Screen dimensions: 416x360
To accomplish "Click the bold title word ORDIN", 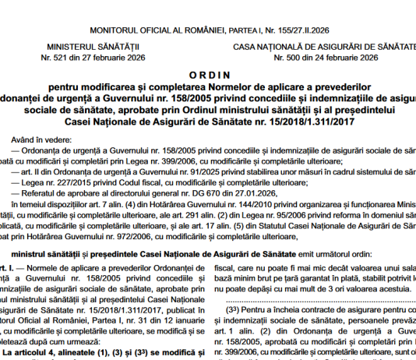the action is (x=208, y=71).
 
